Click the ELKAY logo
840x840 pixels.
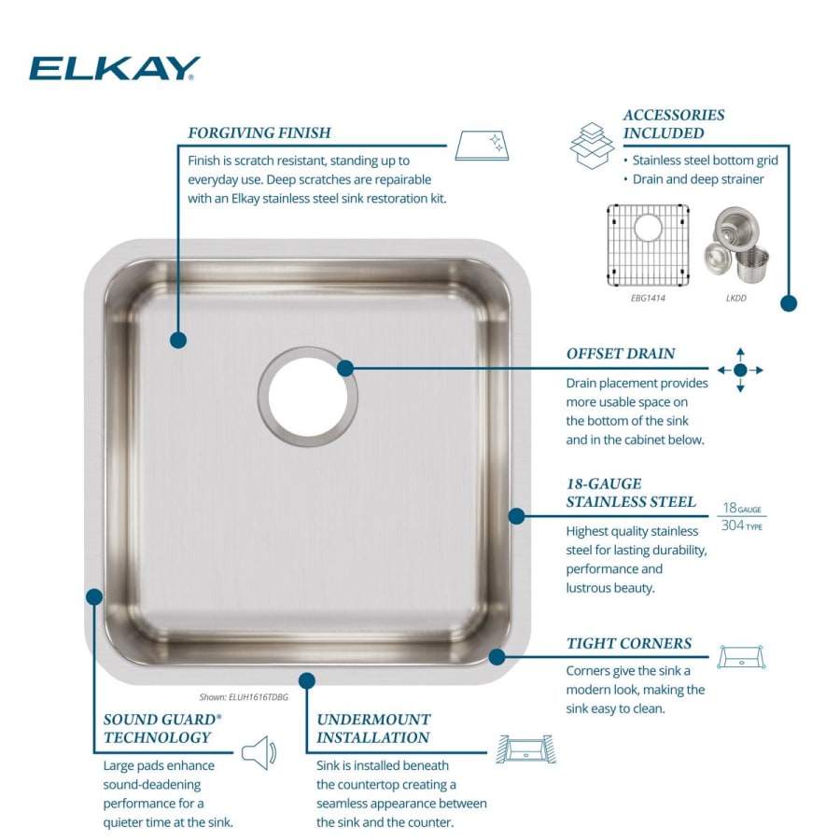coord(115,68)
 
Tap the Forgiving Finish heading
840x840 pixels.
coord(259,133)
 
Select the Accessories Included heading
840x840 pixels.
coord(674,123)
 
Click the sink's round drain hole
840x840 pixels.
coord(308,396)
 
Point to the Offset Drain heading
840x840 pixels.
coord(621,354)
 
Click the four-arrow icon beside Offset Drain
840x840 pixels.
coord(740,370)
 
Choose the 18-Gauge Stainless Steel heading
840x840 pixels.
coord(631,493)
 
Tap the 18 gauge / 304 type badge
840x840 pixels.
coord(742,516)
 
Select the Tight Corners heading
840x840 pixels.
coord(629,643)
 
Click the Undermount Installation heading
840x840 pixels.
coord(373,728)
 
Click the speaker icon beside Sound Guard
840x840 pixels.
coord(259,752)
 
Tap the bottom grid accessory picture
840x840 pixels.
coord(648,243)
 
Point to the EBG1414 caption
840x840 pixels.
coord(648,299)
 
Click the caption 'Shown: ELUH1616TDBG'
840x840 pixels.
coord(244,696)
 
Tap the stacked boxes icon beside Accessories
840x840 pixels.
coord(593,145)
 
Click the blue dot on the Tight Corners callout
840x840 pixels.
coord(497,656)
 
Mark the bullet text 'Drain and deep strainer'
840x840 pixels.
coord(698,179)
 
